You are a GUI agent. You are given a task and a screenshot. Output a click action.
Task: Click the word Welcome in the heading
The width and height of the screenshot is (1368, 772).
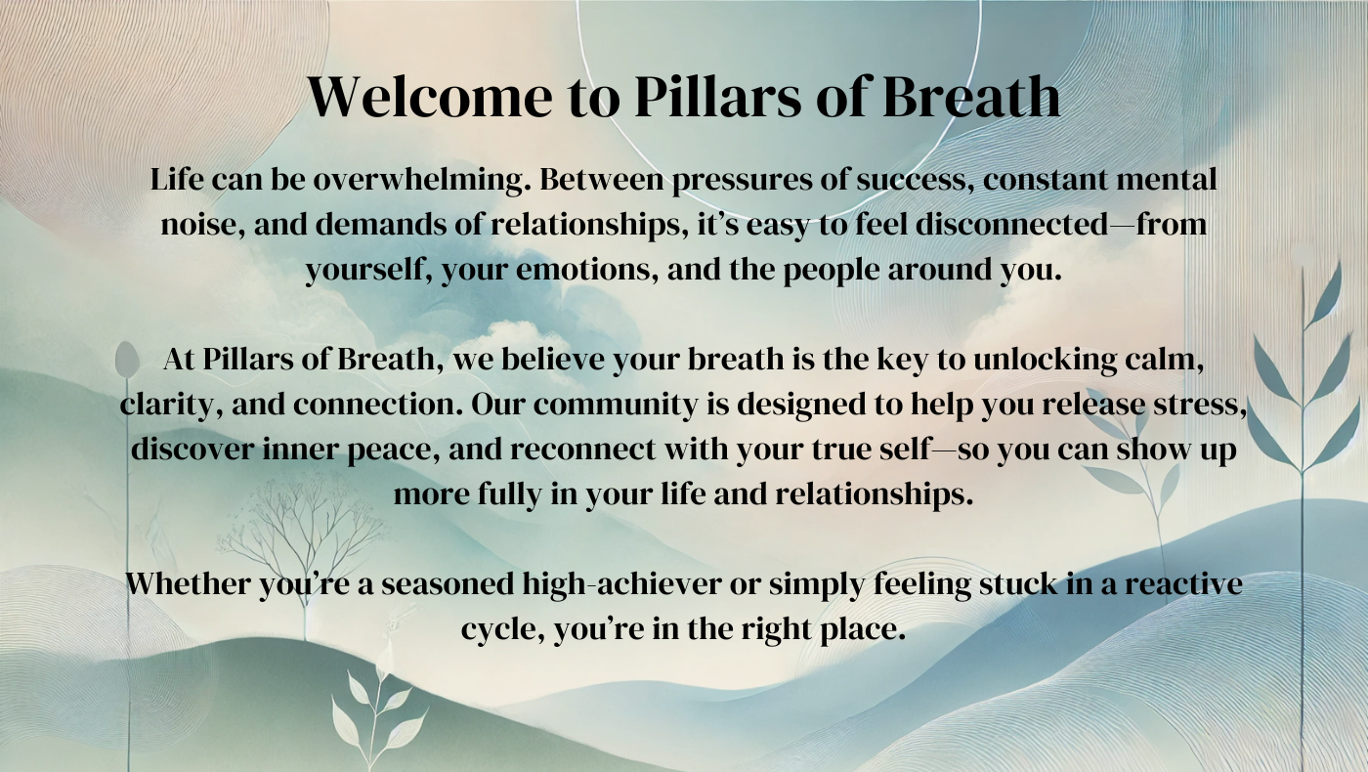point(430,97)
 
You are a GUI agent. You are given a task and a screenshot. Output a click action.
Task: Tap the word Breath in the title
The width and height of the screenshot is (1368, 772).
point(971,97)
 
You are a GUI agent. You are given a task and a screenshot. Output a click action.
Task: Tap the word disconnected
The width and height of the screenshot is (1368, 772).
point(1011,224)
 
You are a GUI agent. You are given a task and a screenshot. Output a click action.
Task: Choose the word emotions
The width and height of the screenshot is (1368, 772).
point(587,270)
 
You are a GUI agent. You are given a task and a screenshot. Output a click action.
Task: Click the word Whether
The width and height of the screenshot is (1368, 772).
point(188,584)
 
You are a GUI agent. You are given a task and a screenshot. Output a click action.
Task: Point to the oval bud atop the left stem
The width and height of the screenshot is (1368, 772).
point(126,360)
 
